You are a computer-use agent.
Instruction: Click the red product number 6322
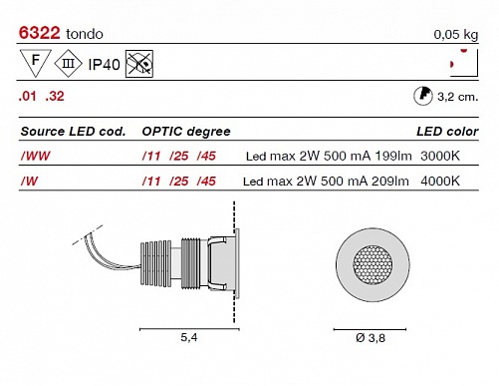tap(39, 33)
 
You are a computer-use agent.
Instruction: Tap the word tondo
tap(85, 34)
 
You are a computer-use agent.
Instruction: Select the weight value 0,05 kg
tap(456, 35)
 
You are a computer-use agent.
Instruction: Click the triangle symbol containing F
tap(36, 63)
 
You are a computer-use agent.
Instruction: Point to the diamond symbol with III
tap(68, 63)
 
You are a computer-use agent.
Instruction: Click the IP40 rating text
tap(104, 65)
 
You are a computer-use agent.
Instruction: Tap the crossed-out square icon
tap(139, 64)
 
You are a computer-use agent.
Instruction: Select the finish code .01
tap(27, 97)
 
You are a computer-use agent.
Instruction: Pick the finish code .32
tap(55, 97)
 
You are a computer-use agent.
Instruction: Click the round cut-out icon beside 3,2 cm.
tap(423, 97)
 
